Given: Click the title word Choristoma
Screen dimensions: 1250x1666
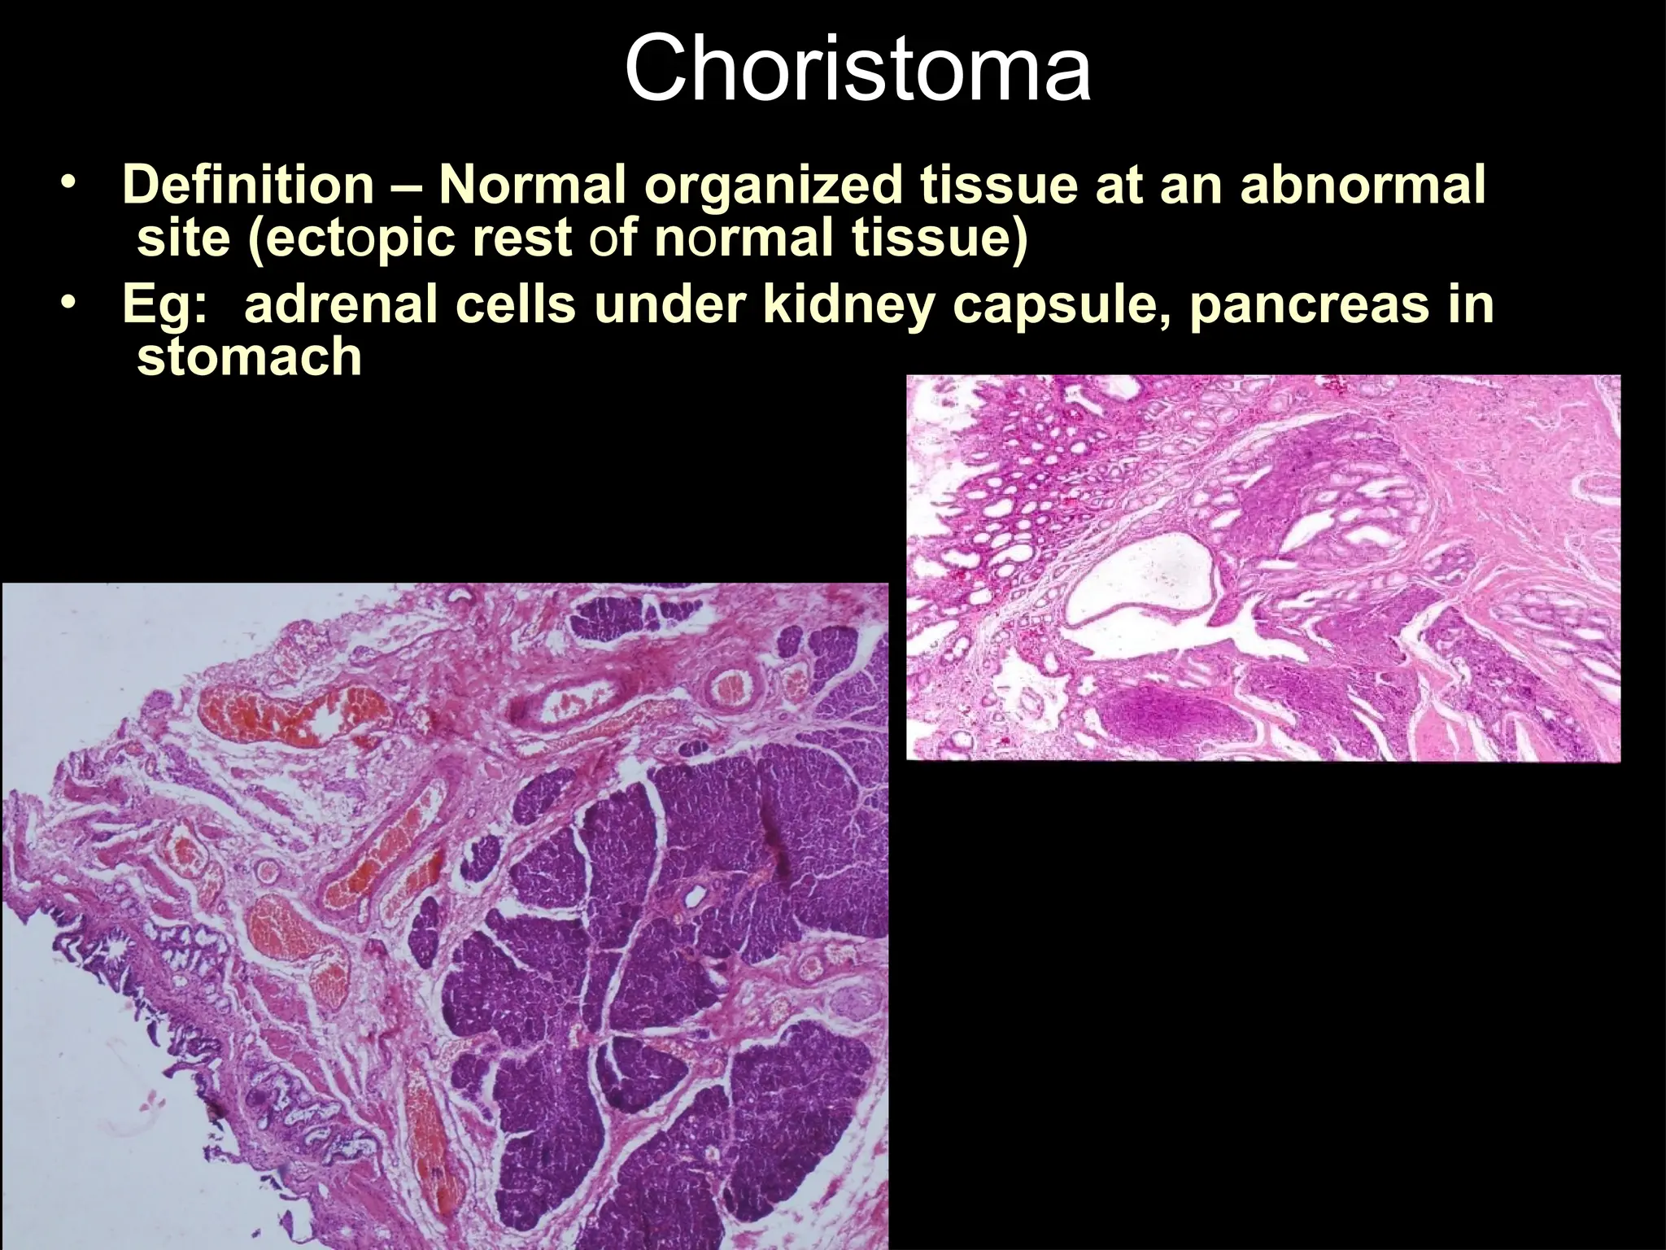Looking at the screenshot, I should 857,72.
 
